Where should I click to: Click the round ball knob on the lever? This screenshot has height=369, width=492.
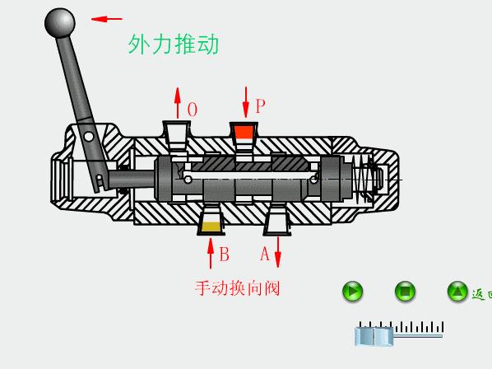59,22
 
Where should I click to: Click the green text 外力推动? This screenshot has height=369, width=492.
174,44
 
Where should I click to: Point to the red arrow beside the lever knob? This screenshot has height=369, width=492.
106,18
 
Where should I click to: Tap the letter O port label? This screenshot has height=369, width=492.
193,110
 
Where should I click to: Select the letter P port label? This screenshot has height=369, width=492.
260,106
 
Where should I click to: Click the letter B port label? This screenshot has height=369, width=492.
224,255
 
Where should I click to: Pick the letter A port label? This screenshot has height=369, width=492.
265,254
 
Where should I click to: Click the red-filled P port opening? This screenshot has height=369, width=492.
244,132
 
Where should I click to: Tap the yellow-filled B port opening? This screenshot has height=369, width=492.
211,225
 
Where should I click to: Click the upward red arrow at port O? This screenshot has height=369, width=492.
177,103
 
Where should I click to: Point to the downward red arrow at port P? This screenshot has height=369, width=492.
245,101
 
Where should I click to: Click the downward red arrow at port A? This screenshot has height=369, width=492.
278,251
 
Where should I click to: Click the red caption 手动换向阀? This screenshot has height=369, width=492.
238,288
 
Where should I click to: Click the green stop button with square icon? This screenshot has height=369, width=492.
405,291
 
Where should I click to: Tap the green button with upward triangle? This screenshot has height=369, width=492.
457,291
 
